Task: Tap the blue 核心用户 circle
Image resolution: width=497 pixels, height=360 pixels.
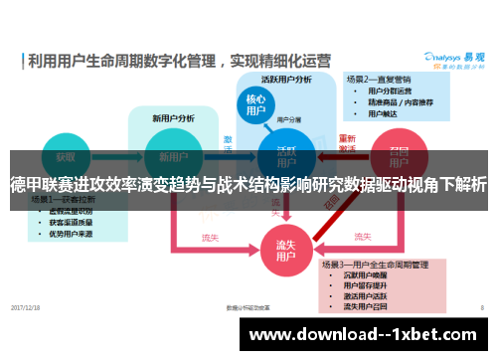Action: pos(255,105)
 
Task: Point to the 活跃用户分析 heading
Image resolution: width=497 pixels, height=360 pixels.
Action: pos(286,79)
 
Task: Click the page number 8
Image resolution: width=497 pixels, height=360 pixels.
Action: pos(481,308)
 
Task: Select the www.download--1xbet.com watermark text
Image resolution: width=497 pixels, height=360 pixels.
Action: pos(371,334)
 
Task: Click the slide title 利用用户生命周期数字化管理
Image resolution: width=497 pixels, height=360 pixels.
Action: pos(124,61)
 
